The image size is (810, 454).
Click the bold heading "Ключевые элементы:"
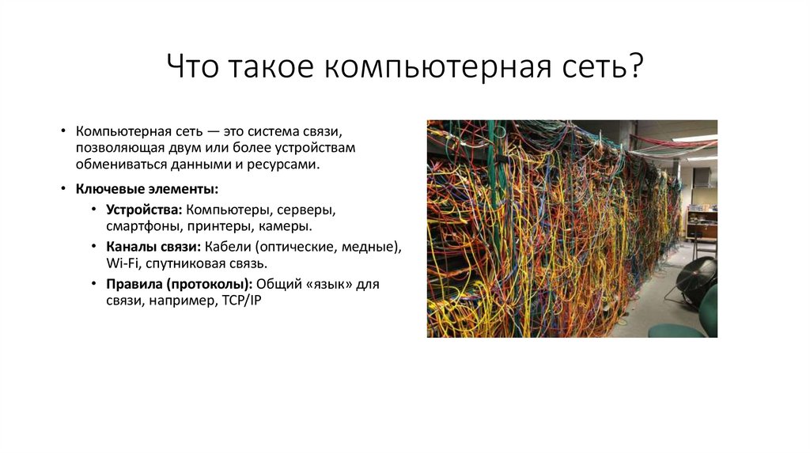pyautogui.click(x=147, y=190)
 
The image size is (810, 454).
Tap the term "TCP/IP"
pyautogui.click(x=237, y=301)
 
